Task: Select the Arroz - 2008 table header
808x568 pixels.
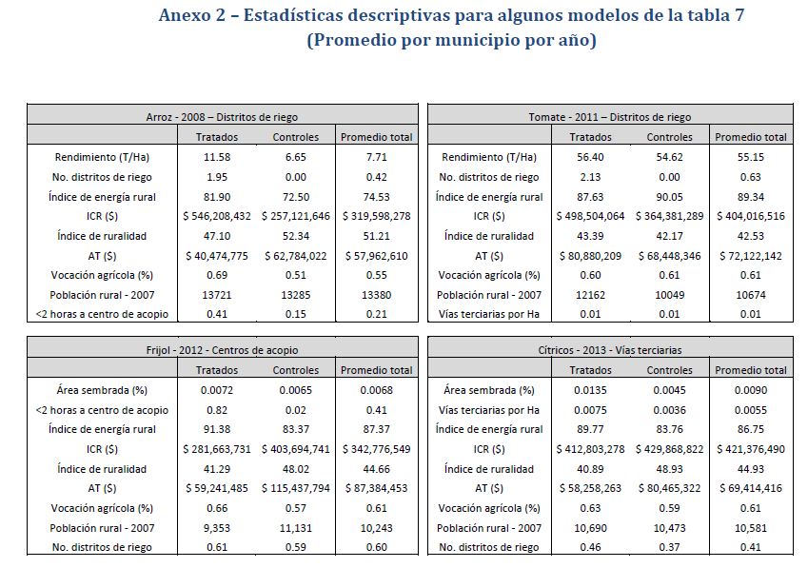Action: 222,117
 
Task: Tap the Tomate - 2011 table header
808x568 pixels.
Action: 610,117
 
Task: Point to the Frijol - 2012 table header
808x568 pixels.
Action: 222,350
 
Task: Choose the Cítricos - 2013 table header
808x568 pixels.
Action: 610,350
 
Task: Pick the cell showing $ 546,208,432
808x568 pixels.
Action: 218,216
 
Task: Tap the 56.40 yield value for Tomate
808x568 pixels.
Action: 591,156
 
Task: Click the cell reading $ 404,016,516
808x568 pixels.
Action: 751,216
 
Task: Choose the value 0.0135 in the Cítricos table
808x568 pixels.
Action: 591,389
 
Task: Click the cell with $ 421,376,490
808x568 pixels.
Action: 751,448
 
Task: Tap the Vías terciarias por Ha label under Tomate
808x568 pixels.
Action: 489,315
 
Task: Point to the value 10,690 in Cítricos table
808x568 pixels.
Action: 591,527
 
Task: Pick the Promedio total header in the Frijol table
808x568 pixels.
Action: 377,369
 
